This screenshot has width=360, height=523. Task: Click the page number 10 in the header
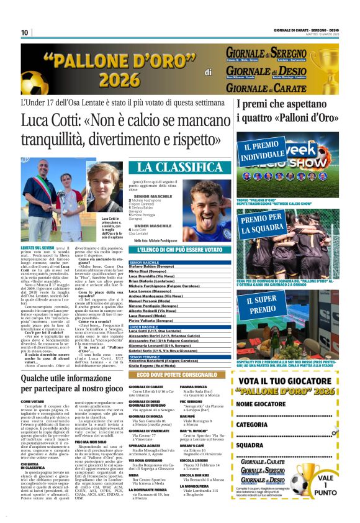coord(25,32)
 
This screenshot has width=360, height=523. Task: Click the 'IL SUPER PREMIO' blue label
coord(263,304)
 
